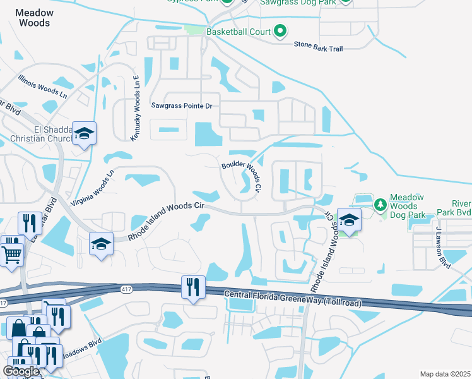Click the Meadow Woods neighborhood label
coord(34,18)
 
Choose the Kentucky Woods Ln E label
coord(134,108)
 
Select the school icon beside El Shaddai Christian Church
coord(84,134)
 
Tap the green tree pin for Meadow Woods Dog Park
coord(380,204)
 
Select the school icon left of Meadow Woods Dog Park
coord(348,220)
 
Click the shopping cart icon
coord(12,255)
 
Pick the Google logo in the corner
coord(21,371)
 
